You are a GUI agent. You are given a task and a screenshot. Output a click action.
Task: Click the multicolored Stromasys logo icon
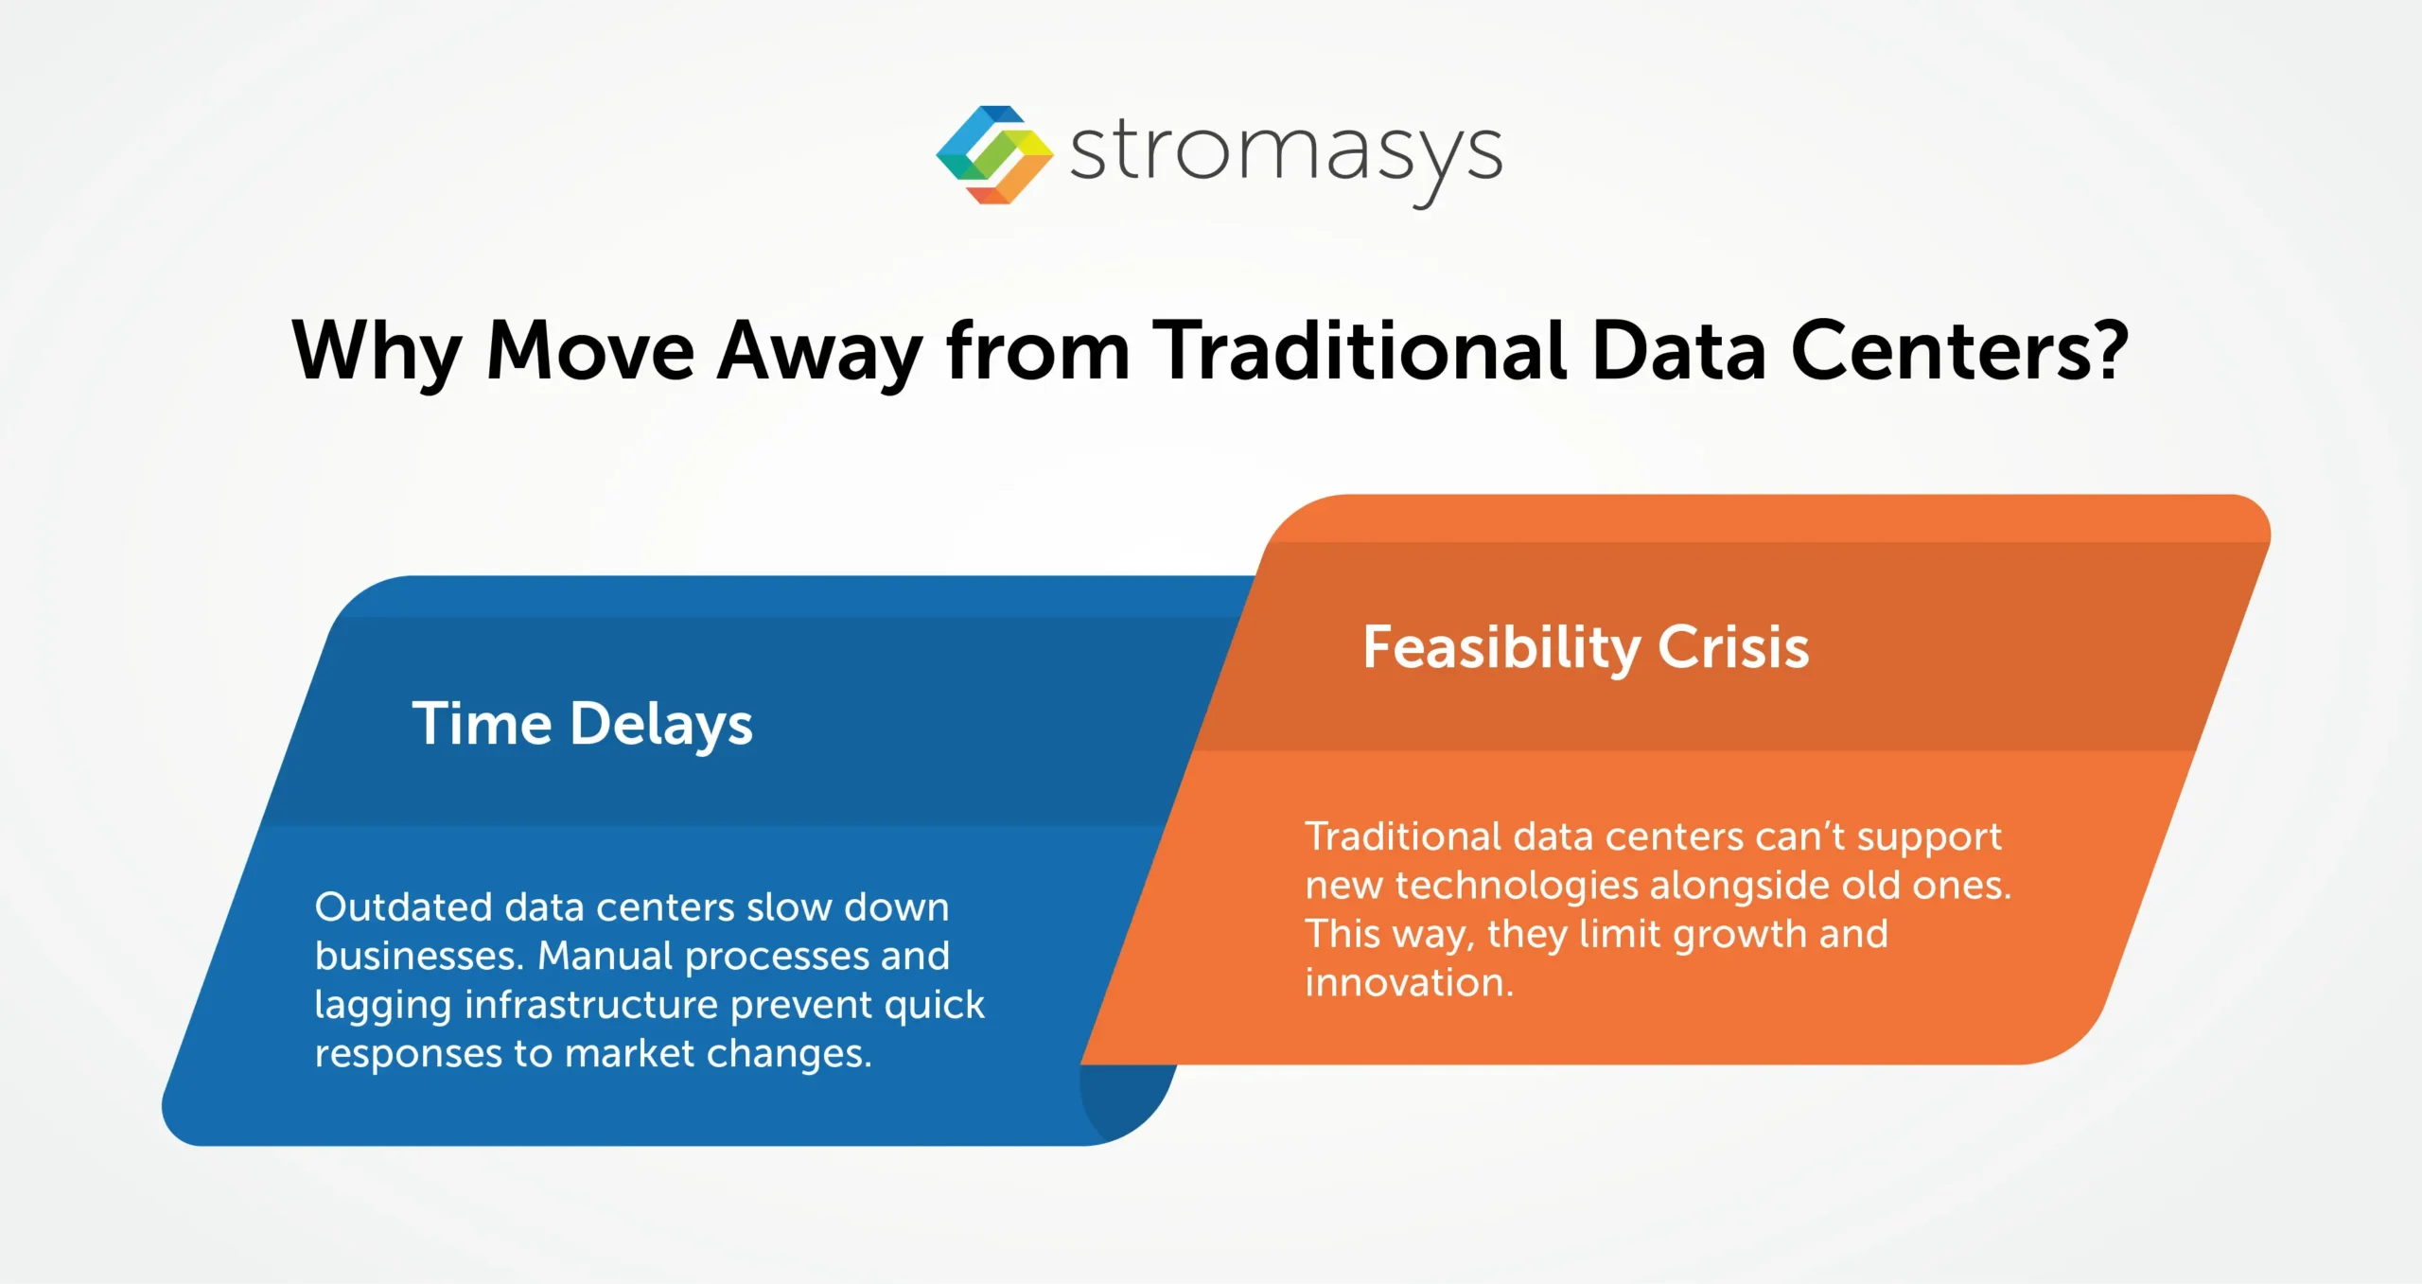993,154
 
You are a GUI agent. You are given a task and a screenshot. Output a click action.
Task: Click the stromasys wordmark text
1285,153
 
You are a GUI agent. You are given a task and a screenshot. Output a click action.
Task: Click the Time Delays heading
582,725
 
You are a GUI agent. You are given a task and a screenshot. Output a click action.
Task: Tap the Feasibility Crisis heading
1586,648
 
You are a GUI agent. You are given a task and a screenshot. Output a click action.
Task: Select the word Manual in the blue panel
605,956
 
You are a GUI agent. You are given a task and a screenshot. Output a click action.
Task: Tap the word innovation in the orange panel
1408,982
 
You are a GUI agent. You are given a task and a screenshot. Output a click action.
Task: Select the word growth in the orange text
1740,935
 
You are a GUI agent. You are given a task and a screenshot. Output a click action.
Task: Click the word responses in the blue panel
408,1053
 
